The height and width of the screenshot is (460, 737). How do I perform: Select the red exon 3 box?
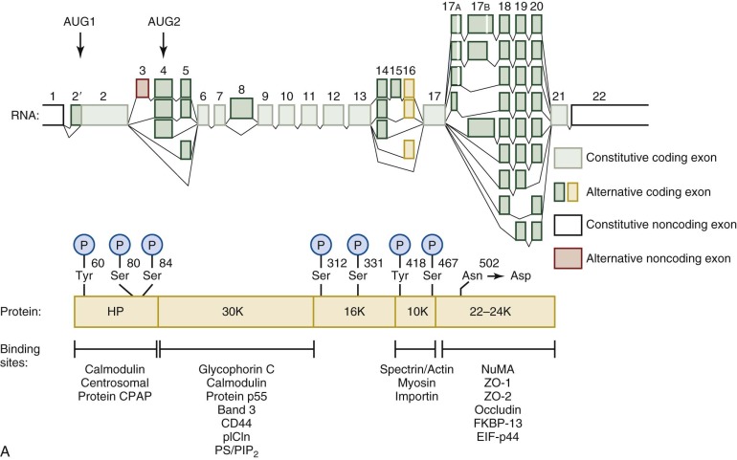pyautogui.click(x=143, y=89)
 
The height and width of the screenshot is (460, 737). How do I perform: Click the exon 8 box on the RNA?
pyautogui.click(x=242, y=108)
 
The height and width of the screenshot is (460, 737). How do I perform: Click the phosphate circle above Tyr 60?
pyautogui.click(x=84, y=245)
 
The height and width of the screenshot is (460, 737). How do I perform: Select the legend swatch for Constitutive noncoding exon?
pyautogui.click(x=570, y=226)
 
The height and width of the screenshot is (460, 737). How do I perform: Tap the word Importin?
pyautogui.click(x=414, y=394)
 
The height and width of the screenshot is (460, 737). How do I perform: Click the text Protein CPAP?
pyautogui.click(x=115, y=394)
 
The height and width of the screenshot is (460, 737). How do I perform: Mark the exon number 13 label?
pyautogui.click(x=360, y=97)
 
